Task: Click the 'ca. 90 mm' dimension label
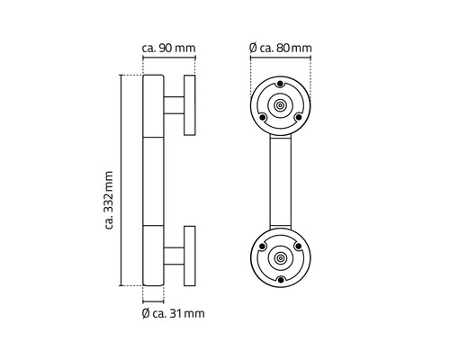point(170,48)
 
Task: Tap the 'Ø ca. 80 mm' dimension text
point(281,48)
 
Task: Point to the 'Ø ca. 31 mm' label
point(174,313)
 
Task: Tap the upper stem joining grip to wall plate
point(174,104)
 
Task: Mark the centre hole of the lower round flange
point(281,257)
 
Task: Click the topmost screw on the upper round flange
point(281,84)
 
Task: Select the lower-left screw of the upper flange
point(261,118)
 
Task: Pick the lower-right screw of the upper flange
point(301,118)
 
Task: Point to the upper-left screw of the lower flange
point(261,246)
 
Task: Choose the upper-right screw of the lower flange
point(301,246)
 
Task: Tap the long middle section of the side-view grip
point(152,180)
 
